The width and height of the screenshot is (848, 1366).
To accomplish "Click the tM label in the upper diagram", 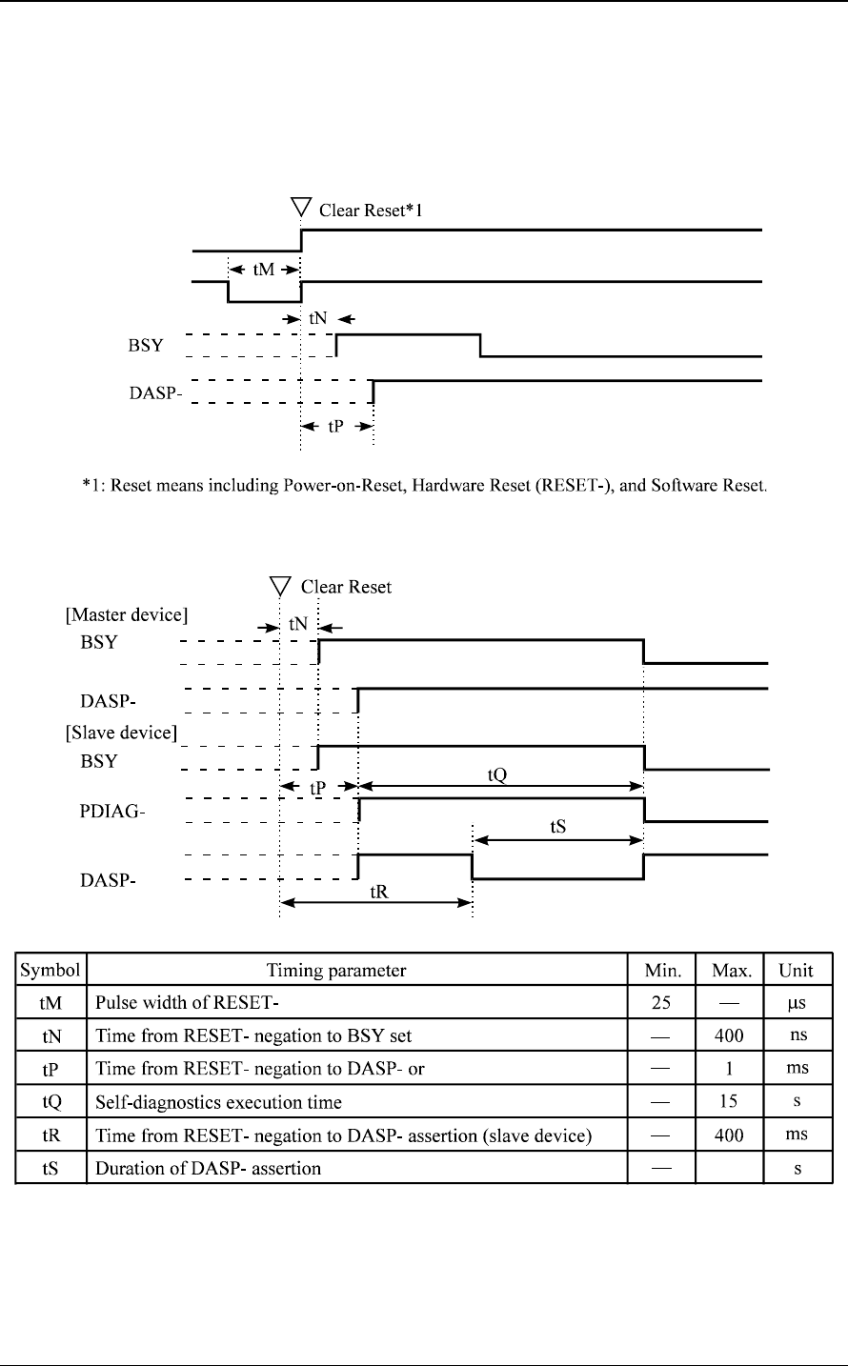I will (264, 271).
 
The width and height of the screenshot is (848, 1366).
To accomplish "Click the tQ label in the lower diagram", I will (497, 774).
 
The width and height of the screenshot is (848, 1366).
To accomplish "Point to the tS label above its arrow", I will (559, 827).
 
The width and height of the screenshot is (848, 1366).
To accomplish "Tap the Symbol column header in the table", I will (51, 971).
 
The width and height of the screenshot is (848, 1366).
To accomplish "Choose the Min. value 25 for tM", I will (661, 1003).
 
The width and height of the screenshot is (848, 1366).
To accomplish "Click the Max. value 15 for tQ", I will (729, 1102).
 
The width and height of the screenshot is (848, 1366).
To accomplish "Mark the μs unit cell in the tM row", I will (796, 1003).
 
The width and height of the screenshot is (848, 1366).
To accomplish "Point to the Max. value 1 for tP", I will (729, 1069).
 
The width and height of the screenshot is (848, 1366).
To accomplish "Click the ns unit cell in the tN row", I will (796, 1036).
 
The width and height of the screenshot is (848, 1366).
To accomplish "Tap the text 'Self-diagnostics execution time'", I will (218, 1102).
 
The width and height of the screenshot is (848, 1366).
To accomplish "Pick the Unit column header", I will (796, 971).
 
